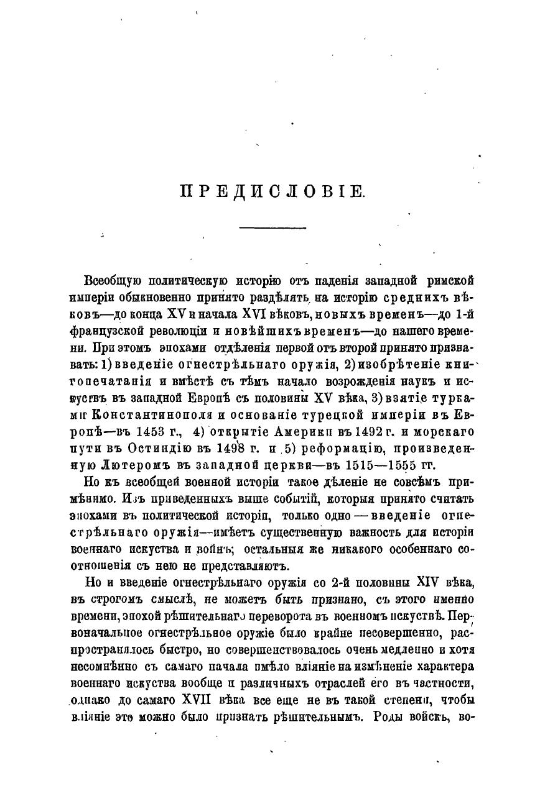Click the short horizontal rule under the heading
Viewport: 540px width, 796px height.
click(x=272, y=228)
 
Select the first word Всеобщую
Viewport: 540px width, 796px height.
click(x=111, y=280)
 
